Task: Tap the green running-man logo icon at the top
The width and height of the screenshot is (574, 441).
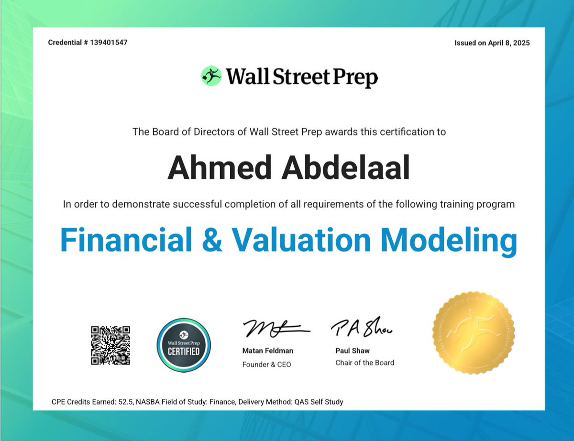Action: (211, 76)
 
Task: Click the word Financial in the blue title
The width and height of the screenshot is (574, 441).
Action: (125, 240)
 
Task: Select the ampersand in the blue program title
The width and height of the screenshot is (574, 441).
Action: (212, 240)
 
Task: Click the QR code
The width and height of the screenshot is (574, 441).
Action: (111, 345)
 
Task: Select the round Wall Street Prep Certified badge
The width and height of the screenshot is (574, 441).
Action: (184, 345)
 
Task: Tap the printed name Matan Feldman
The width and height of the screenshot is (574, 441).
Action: (268, 351)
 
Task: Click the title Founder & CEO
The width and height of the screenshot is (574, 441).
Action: (266, 364)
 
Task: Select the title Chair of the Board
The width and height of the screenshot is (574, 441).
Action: (365, 363)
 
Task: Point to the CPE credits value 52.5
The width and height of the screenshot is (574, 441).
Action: (124, 402)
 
